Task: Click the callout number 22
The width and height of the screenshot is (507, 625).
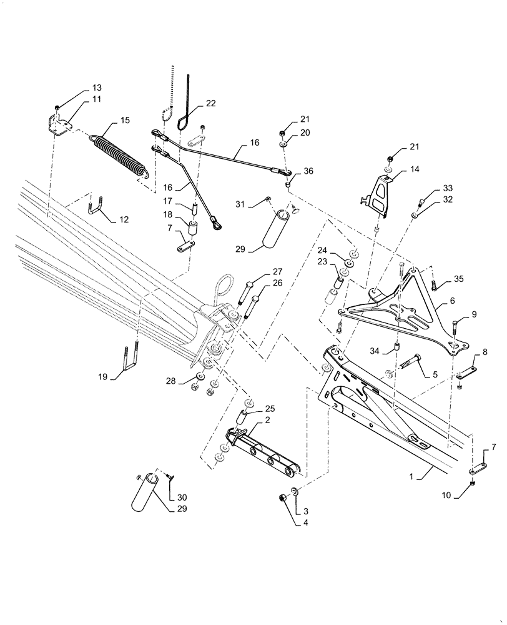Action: point(210,104)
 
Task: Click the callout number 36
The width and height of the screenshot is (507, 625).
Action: point(308,172)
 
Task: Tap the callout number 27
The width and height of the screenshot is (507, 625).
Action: point(277,271)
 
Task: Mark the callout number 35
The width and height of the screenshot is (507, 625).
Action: point(459,279)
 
